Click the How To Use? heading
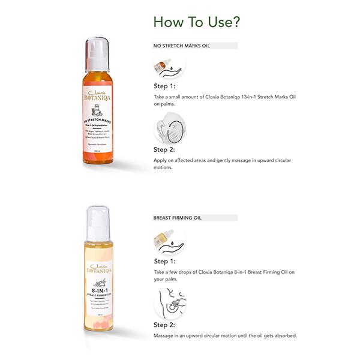197,22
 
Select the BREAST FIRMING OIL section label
180,218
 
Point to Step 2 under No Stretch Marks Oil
164,149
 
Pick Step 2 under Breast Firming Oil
164,325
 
